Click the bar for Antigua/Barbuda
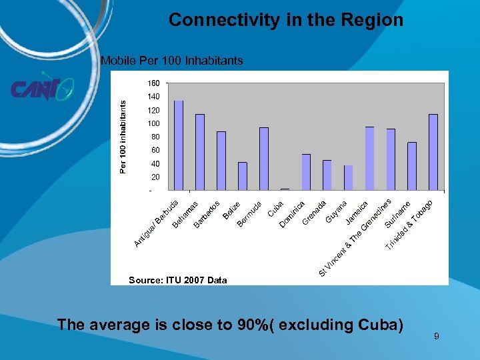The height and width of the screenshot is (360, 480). pyautogui.click(x=179, y=145)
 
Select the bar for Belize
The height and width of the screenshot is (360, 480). pyautogui.click(x=242, y=176)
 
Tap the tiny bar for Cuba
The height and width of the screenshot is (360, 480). pyautogui.click(x=285, y=189)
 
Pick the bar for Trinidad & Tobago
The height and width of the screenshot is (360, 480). pyautogui.click(x=433, y=152)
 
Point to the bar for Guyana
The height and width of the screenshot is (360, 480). pyautogui.click(x=348, y=177)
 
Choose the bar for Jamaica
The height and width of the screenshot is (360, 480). pyautogui.click(x=369, y=158)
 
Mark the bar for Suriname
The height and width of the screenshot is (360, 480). pyautogui.click(x=412, y=166)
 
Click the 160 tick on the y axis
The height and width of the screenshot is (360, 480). pyautogui.click(x=153, y=83)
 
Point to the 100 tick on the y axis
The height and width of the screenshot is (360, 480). pyautogui.click(x=153, y=124)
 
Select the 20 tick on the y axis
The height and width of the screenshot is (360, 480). pyautogui.click(x=155, y=177)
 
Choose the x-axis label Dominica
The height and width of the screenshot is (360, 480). pyautogui.click(x=293, y=214)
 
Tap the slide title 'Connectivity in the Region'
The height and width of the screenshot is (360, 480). pyautogui.click(x=285, y=20)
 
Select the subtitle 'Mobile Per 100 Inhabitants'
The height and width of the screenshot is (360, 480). pyautogui.click(x=172, y=61)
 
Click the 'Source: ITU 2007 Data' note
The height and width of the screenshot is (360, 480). pyautogui.click(x=177, y=280)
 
